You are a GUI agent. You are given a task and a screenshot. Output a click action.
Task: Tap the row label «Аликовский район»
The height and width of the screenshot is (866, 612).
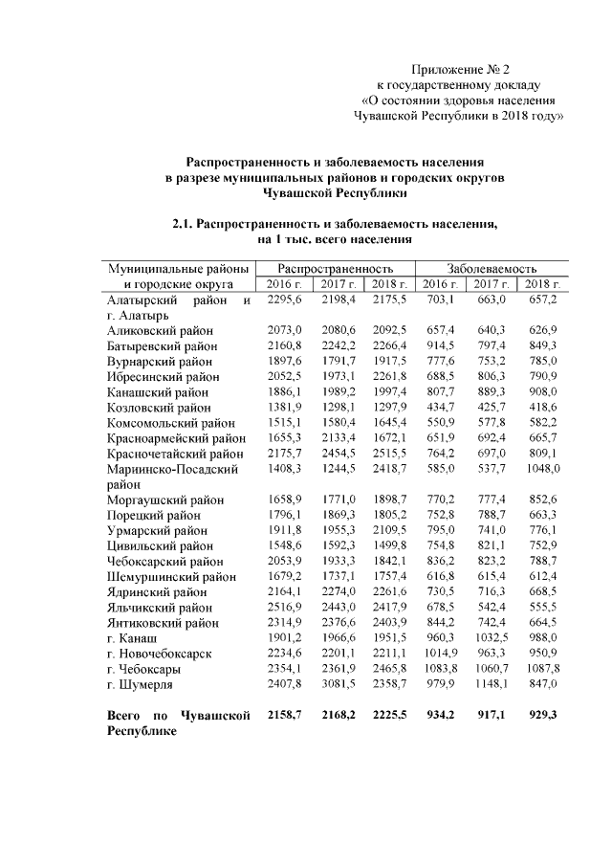click(x=161, y=330)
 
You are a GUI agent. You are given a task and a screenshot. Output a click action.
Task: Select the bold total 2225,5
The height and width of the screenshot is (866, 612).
click(x=390, y=716)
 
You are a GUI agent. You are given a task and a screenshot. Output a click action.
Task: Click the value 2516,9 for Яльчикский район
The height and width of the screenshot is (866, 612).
click(x=286, y=608)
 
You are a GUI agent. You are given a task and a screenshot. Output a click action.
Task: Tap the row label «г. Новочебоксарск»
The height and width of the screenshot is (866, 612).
click(x=160, y=654)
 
